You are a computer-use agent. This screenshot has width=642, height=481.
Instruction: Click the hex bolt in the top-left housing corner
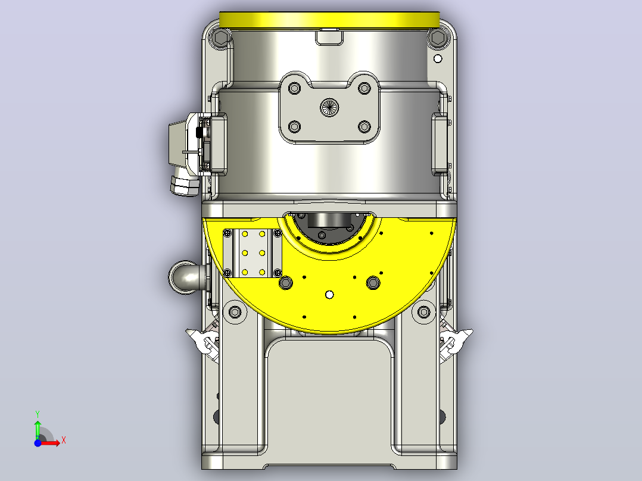(221, 38)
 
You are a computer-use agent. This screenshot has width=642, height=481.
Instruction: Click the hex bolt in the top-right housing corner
(438, 38)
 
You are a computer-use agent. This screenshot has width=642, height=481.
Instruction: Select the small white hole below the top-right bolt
(438, 59)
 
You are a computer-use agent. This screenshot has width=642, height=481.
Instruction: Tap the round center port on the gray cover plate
(329, 107)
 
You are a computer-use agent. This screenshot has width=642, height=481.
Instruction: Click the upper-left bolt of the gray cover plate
(294, 88)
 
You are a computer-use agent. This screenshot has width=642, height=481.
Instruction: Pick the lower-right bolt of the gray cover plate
(364, 126)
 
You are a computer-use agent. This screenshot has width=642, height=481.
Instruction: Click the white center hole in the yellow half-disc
(329, 294)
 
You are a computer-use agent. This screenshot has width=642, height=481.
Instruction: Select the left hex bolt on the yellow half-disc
(286, 282)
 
